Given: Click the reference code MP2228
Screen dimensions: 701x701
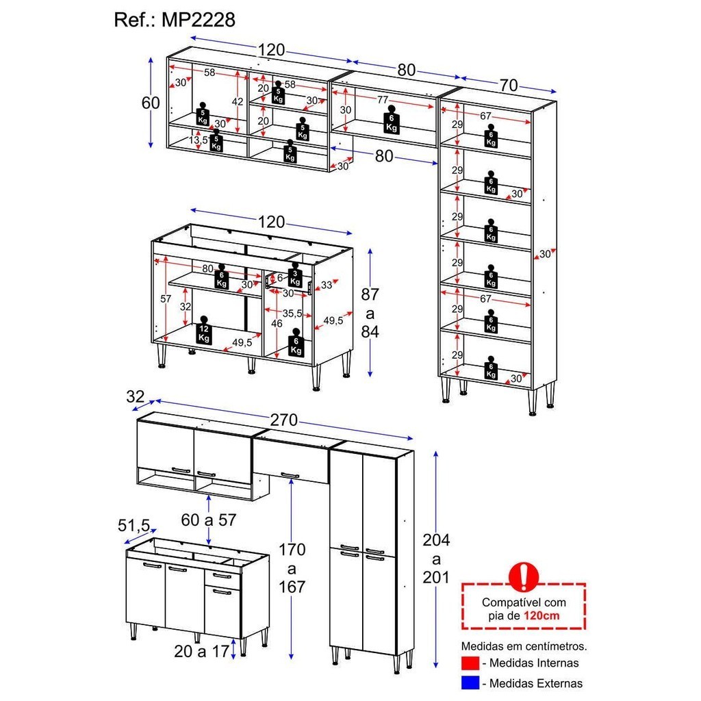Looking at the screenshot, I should coord(198,20).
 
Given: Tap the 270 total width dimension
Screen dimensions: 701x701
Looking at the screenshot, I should coord(285,420).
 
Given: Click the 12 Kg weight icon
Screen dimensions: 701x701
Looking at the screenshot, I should coord(203,331).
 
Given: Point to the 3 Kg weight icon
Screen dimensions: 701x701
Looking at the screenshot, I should coord(294,276).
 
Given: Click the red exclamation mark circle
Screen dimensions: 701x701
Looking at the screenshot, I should coord(524,576).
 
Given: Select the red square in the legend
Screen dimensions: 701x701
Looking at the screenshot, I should coord(469,663).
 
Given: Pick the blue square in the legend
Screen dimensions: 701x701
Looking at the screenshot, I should coord(469,683).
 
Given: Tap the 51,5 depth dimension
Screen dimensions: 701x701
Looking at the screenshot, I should coord(133,525).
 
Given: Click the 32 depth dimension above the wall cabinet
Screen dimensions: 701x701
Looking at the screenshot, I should coord(136,396).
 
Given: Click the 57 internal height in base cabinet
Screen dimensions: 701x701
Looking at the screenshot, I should coord(165,298).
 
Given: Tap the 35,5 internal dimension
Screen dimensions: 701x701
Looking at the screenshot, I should coord(293,313).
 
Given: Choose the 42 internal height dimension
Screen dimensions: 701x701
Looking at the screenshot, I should coord(238,101).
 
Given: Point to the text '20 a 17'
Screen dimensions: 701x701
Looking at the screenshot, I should coord(201,651).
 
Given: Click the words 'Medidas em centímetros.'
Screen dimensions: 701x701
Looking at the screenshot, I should coord(524,646).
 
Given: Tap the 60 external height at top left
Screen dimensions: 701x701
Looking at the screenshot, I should coord(151,103).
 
